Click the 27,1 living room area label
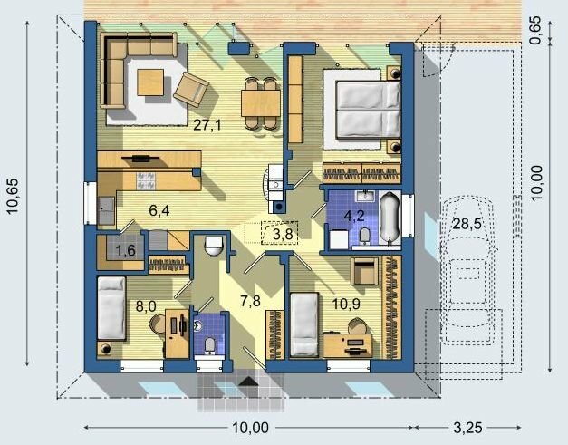pyautogui.click(x=207, y=125)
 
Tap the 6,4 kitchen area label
pyautogui.click(x=159, y=210)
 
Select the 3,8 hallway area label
pyautogui.click(x=283, y=235)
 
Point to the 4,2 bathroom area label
pyautogui.click(x=354, y=216)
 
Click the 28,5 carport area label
pyautogui.click(x=467, y=224)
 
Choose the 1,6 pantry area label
pyautogui.click(x=126, y=250)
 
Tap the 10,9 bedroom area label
pyautogui.click(x=346, y=305)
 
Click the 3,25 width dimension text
pyautogui.click(x=467, y=429)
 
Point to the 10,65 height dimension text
pyautogui.click(x=13, y=196)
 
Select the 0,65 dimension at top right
pyautogui.click(x=535, y=31)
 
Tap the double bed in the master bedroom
pyautogui.click(x=368, y=110)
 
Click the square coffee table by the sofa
pyautogui.click(x=150, y=82)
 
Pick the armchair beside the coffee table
pyautogui.click(x=191, y=90)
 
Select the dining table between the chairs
pyautogui.click(x=261, y=103)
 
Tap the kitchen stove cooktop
pyautogui.click(x=146, y=181)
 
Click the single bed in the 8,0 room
pyautogui.click(x=111, y=308)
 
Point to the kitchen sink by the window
pyautogui.click(x=106, y=210)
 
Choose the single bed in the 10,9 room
pyautogui.click(x=304, y=324)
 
